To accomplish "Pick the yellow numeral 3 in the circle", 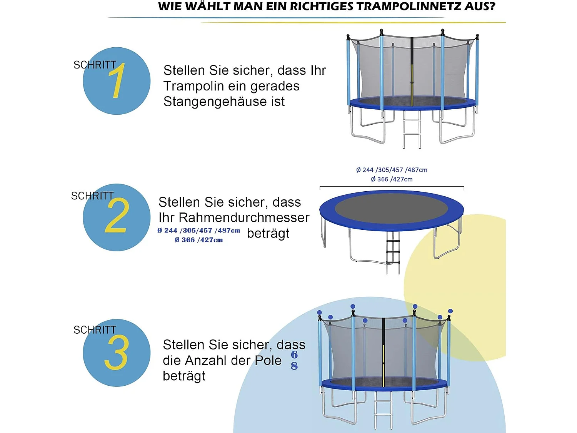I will click(116, 352).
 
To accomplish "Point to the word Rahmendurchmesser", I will click(244, 218).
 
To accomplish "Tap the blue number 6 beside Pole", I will click(294, 354).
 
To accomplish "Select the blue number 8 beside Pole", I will click(294, 366).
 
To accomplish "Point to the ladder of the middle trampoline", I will click(393, 252).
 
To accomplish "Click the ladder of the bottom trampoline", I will click(384, 410).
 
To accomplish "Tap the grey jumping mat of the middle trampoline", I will click(391, 208).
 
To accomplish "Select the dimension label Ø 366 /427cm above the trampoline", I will click(392, 179).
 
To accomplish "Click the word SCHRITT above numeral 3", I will click(95, 330).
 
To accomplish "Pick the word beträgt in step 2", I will click(268, 234).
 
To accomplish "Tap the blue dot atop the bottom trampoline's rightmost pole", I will click(450, 311).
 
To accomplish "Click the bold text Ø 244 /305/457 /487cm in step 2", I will click(198, 231).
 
